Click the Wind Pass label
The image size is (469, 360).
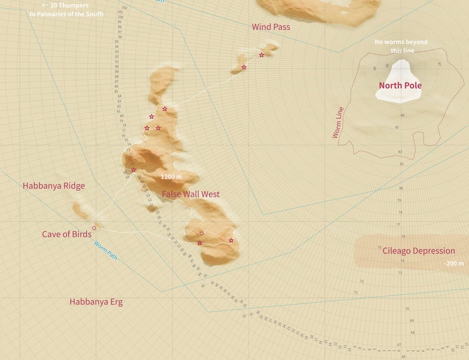pyautogui.click(x=271, y=27)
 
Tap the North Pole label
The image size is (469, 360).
pyautogui.click(x=400, y=85)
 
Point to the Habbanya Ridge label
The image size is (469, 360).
pyautogui.click(x=54, y=186)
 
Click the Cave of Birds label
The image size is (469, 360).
pyautogui.click(x=66, y=234)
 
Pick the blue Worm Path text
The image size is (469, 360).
pyautogui.click(x=106, y=251)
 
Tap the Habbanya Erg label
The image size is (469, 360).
pyautogui.click(x=96, y=301)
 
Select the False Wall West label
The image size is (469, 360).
pyautogui.click(x=190, y=194)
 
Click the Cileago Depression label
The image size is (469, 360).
pyautogui.click(x=419, y=251)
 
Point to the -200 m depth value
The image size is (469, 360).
pyautogui.click(x=454, y=263)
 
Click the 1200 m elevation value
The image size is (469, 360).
pyautogui.click(x=171, y=177)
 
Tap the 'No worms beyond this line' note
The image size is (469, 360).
pyautogui.click(x=400, y=46)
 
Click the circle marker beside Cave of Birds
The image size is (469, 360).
pyautogui.click(x=95, y=228)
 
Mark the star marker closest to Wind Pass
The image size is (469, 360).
pyautogui.click(x=262, y=55)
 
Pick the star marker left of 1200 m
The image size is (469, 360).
pyautogui.click(x=133, y=170)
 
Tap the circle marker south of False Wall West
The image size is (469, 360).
pyautogui.click(x=202, y=233)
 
